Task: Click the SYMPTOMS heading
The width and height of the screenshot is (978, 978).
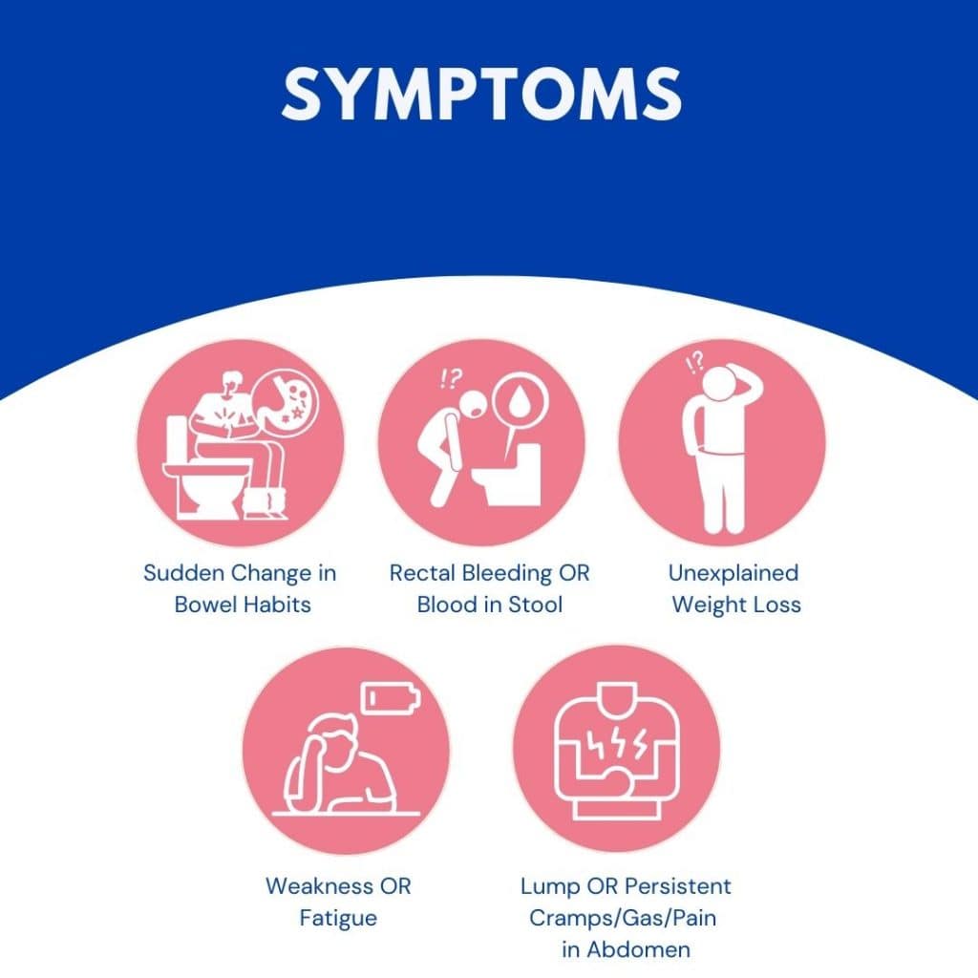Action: pos(481,94)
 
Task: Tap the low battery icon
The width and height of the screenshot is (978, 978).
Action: pos(391,697)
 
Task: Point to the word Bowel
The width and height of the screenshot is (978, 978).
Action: pos(204,604)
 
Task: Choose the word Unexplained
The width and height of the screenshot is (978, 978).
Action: pos(733,574)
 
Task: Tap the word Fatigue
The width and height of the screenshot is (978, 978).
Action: pos(338,919)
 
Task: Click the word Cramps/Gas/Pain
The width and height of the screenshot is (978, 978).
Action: pos(623,918)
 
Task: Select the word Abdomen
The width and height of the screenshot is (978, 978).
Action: pos(639,949)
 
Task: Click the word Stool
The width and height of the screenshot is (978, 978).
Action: pos(535,605)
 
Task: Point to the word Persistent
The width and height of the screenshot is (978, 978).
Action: pos(677,885)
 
